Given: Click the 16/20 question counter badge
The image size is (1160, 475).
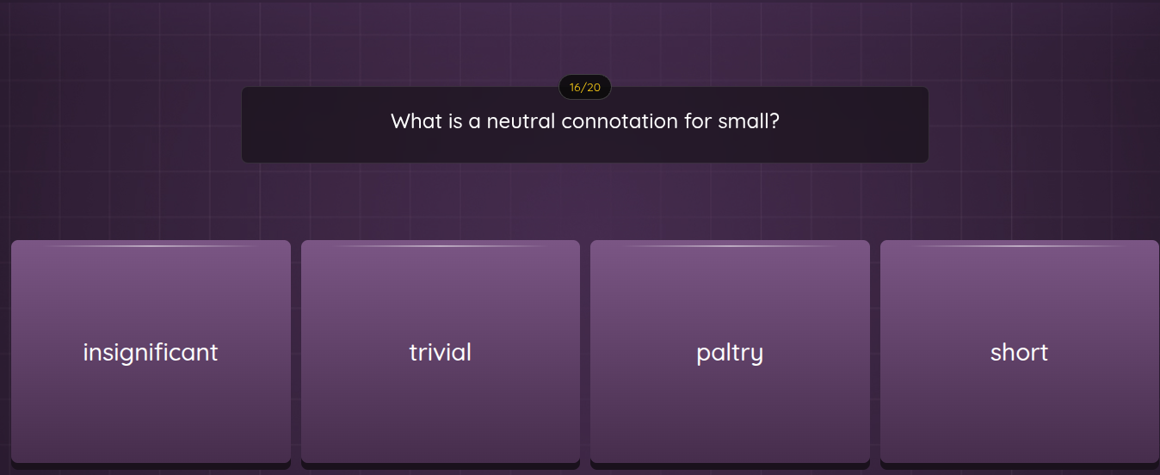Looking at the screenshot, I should [585, 87].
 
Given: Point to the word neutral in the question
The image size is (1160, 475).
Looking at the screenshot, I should [521, 121].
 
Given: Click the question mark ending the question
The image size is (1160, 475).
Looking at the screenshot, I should [774, 121].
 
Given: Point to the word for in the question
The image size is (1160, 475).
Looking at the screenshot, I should [698, 121].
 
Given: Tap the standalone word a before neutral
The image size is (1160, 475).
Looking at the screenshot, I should [474, 122].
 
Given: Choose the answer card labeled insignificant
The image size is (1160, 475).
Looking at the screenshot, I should [151, 352].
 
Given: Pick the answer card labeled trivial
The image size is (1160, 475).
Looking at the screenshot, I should [441, 352].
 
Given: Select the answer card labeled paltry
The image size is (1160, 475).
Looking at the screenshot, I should [730, 352].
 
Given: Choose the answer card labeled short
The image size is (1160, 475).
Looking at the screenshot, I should [1019, 352].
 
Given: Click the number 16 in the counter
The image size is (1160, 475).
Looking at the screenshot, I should [576, 87].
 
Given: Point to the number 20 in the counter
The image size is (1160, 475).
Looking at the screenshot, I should [594, 87].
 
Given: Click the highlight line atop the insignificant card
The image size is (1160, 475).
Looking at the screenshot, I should [151, 246].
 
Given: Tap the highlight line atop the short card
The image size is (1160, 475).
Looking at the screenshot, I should [1019, 246].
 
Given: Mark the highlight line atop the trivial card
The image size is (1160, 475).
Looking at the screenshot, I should [441, 246].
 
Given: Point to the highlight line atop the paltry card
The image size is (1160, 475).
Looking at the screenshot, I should [730, 246].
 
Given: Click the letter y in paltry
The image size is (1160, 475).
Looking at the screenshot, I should [757, 355].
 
